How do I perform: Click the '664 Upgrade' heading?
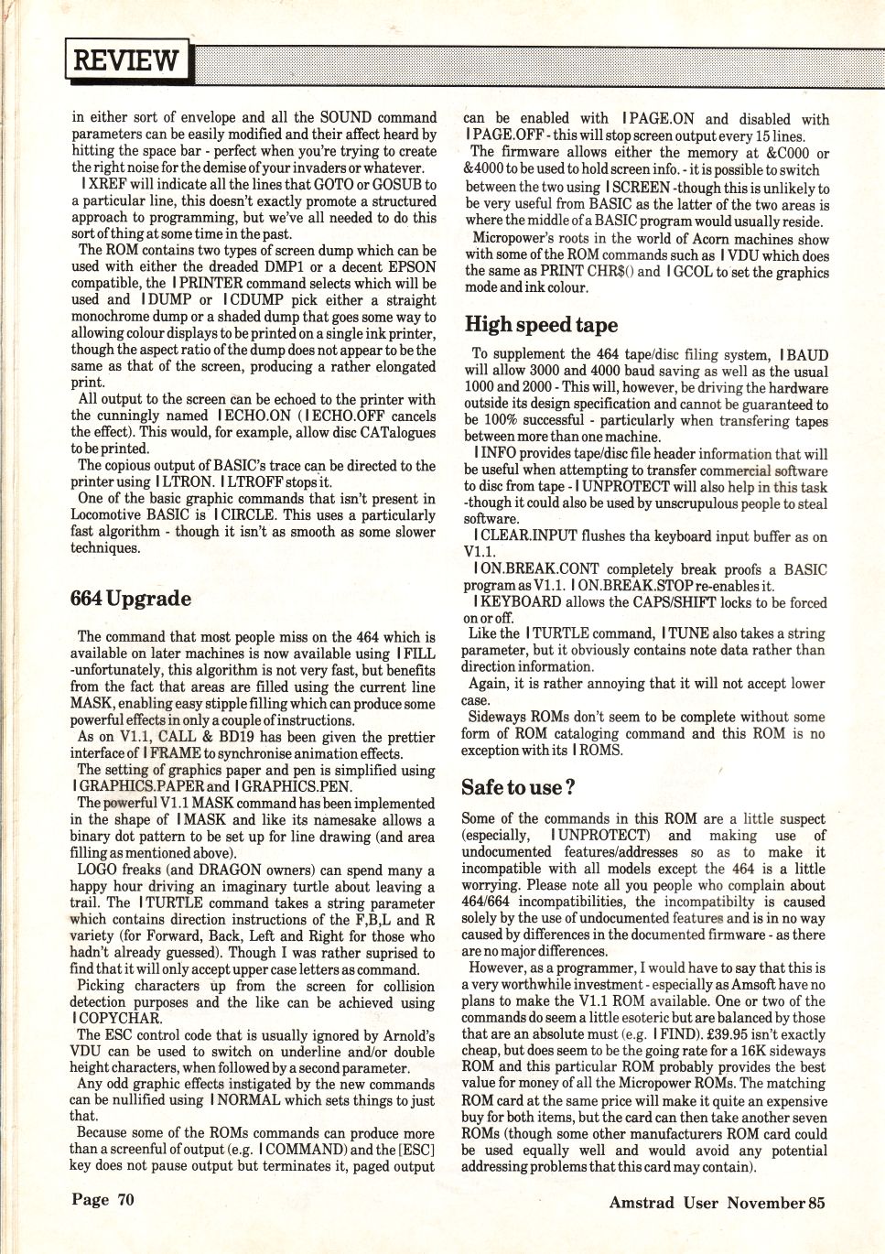[131, 599]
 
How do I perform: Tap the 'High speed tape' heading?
[541, 324]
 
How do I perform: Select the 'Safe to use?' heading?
[519, 786]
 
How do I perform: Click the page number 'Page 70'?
[103, 1199]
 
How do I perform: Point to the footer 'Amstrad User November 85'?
[717, 1202]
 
